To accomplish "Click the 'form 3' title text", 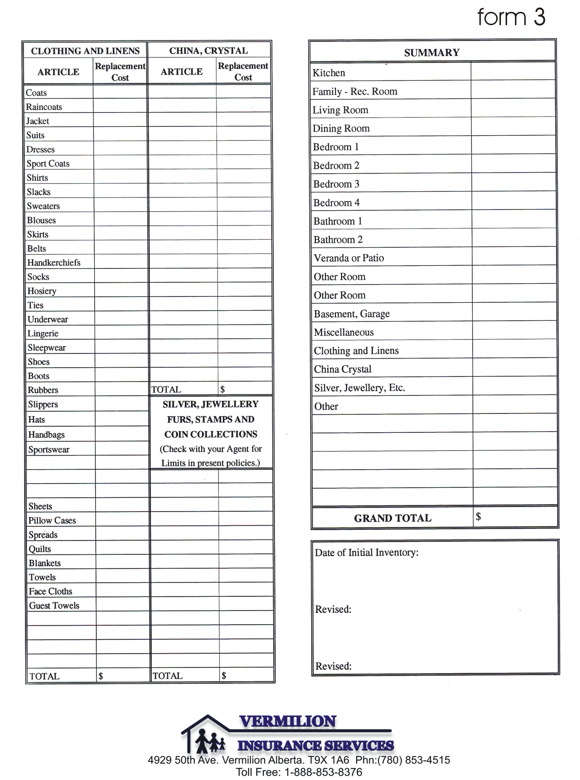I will coord(511,17).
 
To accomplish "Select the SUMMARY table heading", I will coord(432,53).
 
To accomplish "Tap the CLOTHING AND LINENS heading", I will coord(85,51).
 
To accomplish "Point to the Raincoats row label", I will coord(44,107).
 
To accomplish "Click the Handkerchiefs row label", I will coord(54,263).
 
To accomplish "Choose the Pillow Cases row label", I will coord(52,521).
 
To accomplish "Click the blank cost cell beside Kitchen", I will coord(513,71).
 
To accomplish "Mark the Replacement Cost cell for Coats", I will coord(120,92).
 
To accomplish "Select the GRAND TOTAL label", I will coord(392,518).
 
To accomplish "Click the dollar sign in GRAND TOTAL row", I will coord(478,517).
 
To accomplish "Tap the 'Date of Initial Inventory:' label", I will coord(367,553).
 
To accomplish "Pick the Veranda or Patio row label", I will coord(349,258).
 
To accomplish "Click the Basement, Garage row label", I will coord(351,314).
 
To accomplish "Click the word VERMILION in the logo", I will coord(287,721).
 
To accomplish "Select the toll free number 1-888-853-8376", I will coord(323,772).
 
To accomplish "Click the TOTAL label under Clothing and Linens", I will coord(45,676).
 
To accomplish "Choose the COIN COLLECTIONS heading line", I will coord(211,434).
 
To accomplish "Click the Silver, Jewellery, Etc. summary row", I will coord(359,388).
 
